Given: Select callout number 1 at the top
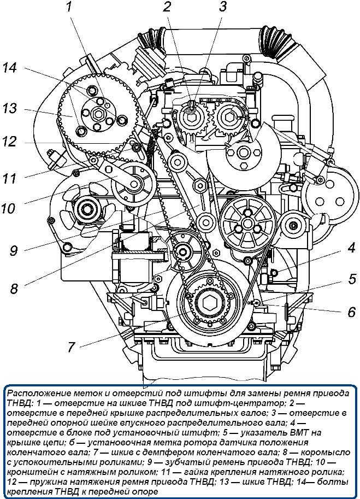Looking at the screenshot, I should click(69, 8).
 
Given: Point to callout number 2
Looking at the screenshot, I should click(167, 8).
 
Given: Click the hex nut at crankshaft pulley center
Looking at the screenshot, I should click(209, 303).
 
